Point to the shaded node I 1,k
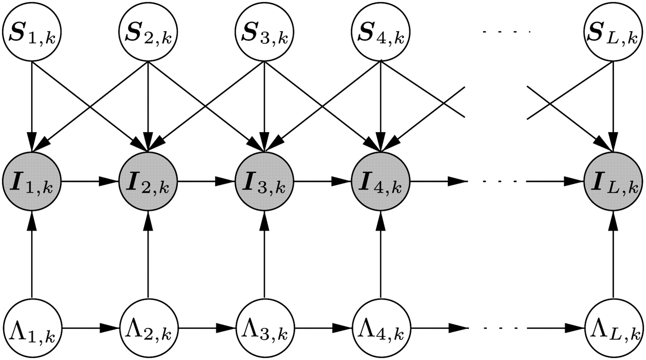click(x=32, y=182)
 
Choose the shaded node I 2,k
click(x=148, y=182)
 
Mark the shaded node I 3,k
click(x=264, y=182)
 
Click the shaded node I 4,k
click(x=380, y=182)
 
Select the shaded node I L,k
click(x=613, y=182)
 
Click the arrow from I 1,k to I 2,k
click(x=90, y=182)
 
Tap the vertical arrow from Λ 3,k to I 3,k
click(x=264, y=255)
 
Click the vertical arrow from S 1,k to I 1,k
click(x=32, y=108)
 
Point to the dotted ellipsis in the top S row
click(x=506, y=32)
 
